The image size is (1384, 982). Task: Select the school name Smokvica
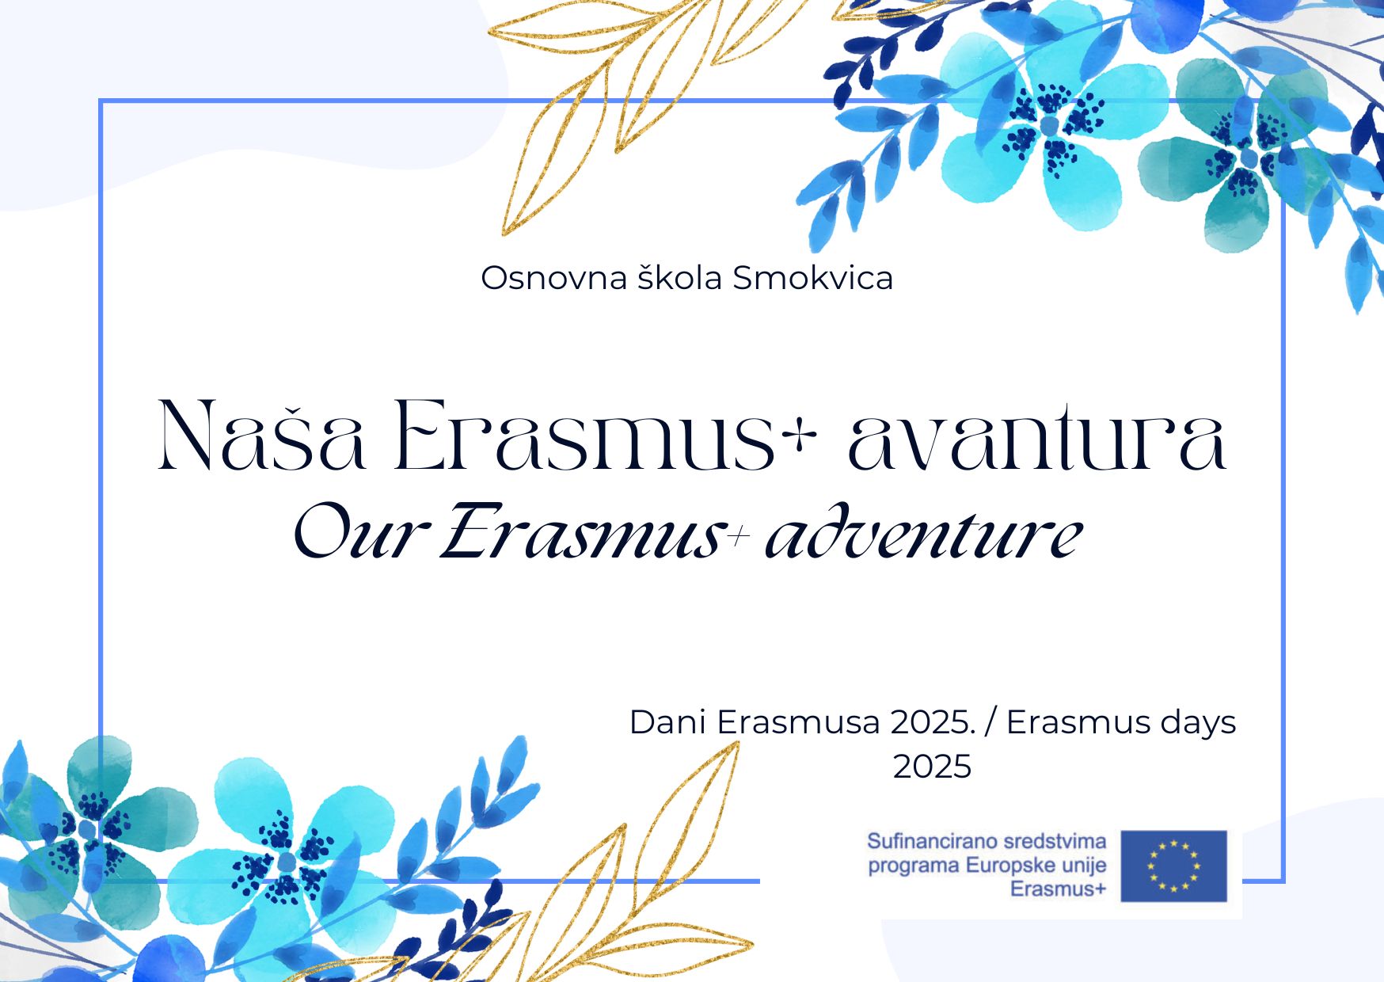point(812,277)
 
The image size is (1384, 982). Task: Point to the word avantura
point(1037,436)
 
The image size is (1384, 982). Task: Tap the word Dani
point(668,722)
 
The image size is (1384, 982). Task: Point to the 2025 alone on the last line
point(932,767)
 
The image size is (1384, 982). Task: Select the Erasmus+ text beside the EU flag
point(1058,889)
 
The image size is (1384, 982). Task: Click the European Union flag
point(1174,866)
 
